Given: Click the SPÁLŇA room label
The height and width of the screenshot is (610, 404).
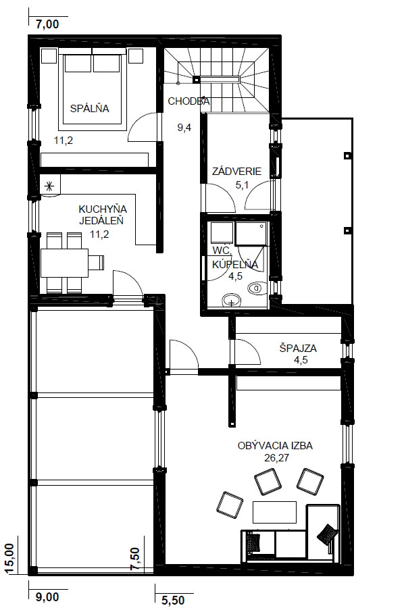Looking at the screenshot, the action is pos(90,108).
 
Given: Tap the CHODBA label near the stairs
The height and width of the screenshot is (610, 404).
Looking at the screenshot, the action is pos(188,101).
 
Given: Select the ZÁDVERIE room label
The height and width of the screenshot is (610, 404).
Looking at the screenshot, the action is pos(236,171).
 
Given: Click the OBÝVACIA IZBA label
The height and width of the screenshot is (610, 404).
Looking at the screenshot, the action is pos(275,445).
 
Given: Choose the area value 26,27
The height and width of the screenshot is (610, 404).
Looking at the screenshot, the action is pos(277,457).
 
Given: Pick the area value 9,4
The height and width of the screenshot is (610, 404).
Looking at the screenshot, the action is pos(184,127).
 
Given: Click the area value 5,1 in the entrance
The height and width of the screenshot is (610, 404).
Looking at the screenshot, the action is pos(242,185).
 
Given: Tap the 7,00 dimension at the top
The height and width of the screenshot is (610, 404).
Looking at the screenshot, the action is pos(47,24).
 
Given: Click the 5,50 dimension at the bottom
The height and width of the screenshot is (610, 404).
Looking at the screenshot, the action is pos(173,600).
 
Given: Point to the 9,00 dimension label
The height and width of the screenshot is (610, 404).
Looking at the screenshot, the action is pos(47,596).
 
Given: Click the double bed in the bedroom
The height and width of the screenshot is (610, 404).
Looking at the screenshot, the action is pos(92,89).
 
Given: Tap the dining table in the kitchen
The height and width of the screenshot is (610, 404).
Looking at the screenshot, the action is pos(65,263).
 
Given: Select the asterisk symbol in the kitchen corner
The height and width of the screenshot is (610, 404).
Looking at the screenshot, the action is pos(49,186).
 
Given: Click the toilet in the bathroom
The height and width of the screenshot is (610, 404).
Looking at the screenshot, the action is pos(256,288).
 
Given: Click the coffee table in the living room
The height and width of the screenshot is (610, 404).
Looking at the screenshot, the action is pos(274,512).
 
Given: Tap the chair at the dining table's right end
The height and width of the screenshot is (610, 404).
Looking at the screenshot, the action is pos(97,263).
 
